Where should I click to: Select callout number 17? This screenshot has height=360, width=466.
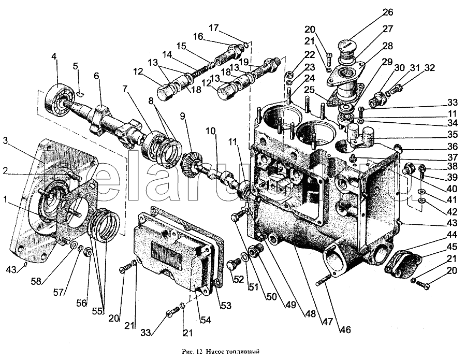tap(215, 27)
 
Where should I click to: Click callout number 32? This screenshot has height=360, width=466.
tap(429, 68)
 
